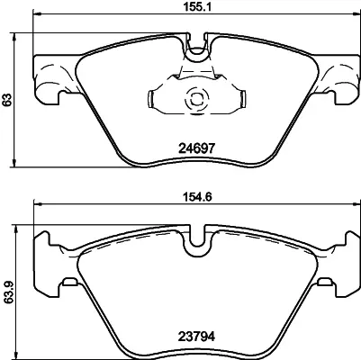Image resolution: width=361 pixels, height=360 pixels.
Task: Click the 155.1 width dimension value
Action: click(x=197, y=6)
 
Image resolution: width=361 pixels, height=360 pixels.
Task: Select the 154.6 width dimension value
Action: click(x=197, y=197)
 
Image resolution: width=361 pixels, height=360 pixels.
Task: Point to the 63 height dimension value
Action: click(x=7, y=100)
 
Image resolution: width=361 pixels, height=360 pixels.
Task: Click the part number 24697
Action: click(x=197, y=148)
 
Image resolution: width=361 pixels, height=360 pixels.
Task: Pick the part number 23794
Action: click(x=197, y=337)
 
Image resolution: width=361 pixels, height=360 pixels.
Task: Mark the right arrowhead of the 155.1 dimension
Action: click(x=356, y=13)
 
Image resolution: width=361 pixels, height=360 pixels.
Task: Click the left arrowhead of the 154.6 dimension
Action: click(x=38, y=204)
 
